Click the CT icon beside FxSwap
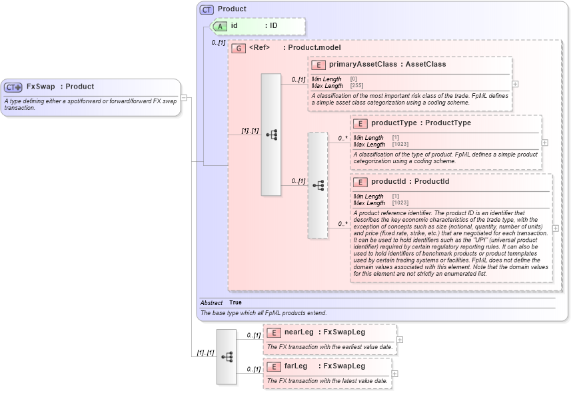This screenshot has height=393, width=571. (13, 87)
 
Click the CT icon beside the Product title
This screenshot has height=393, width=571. (207, 9)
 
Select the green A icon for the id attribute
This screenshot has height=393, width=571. (220, 26)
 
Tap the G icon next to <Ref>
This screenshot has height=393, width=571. (238, 48)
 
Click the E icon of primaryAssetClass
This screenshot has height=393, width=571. (318, 65)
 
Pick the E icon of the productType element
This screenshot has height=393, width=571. (360, 123)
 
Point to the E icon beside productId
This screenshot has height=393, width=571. (360, 182)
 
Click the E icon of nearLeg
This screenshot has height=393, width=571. (273, 332)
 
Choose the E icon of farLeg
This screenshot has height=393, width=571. (273, 366)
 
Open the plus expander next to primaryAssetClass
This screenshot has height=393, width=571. (515, 85)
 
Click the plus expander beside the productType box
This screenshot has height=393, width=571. (545, 143)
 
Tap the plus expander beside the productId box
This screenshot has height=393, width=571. (556, 228)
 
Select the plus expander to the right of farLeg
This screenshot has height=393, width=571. (394, 374)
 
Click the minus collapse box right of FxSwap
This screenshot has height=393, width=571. (184, 98)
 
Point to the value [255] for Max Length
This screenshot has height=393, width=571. (356, 86)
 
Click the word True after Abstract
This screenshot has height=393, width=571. (235, 303)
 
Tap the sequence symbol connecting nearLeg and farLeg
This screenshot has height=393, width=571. (227, 356)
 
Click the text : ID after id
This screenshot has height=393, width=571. (271, 26)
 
